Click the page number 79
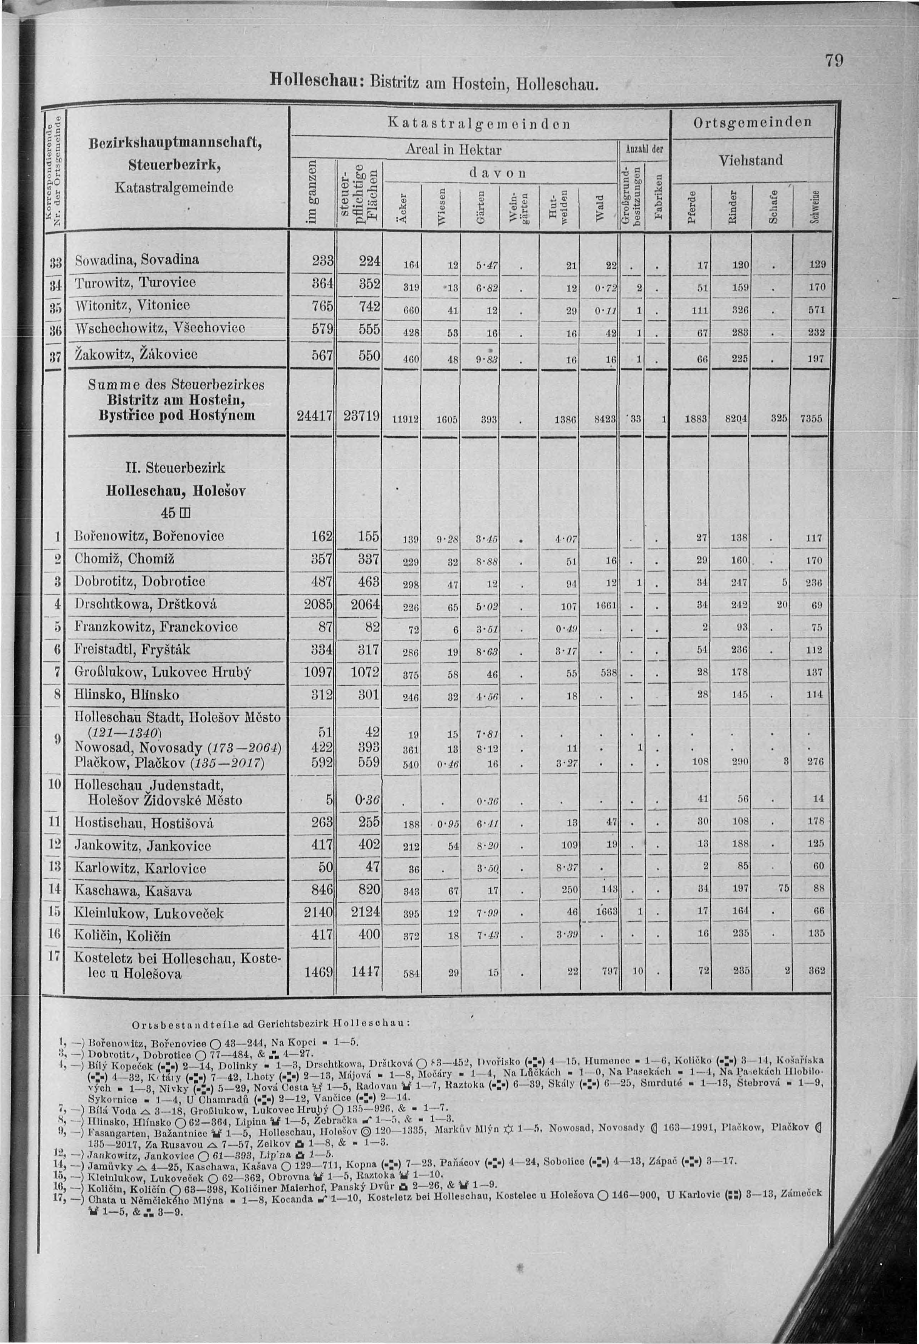click(834, 61)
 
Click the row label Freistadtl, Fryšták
click(132, 649)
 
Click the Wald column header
click(600, 206)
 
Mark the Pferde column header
click(692, 206)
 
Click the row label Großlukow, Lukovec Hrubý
click(163, 672)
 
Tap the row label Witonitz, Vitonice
click(132, 305)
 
